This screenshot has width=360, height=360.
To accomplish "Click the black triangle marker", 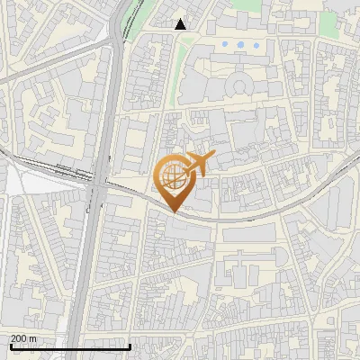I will point(181,24).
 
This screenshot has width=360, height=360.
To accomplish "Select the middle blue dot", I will point(240,44).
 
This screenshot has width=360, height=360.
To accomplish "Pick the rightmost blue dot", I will point(256,44).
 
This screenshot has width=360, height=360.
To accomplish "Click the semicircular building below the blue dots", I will point(239,86).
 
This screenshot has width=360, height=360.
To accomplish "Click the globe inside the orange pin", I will point(172,177).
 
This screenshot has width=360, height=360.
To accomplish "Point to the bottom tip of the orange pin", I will point(174,212).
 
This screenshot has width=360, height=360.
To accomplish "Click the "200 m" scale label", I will point(24,338).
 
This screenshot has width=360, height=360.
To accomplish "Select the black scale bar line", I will point(70,346).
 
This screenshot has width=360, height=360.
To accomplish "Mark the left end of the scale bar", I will point(11,346).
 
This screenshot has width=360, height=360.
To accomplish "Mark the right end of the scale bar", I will point(130,346).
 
